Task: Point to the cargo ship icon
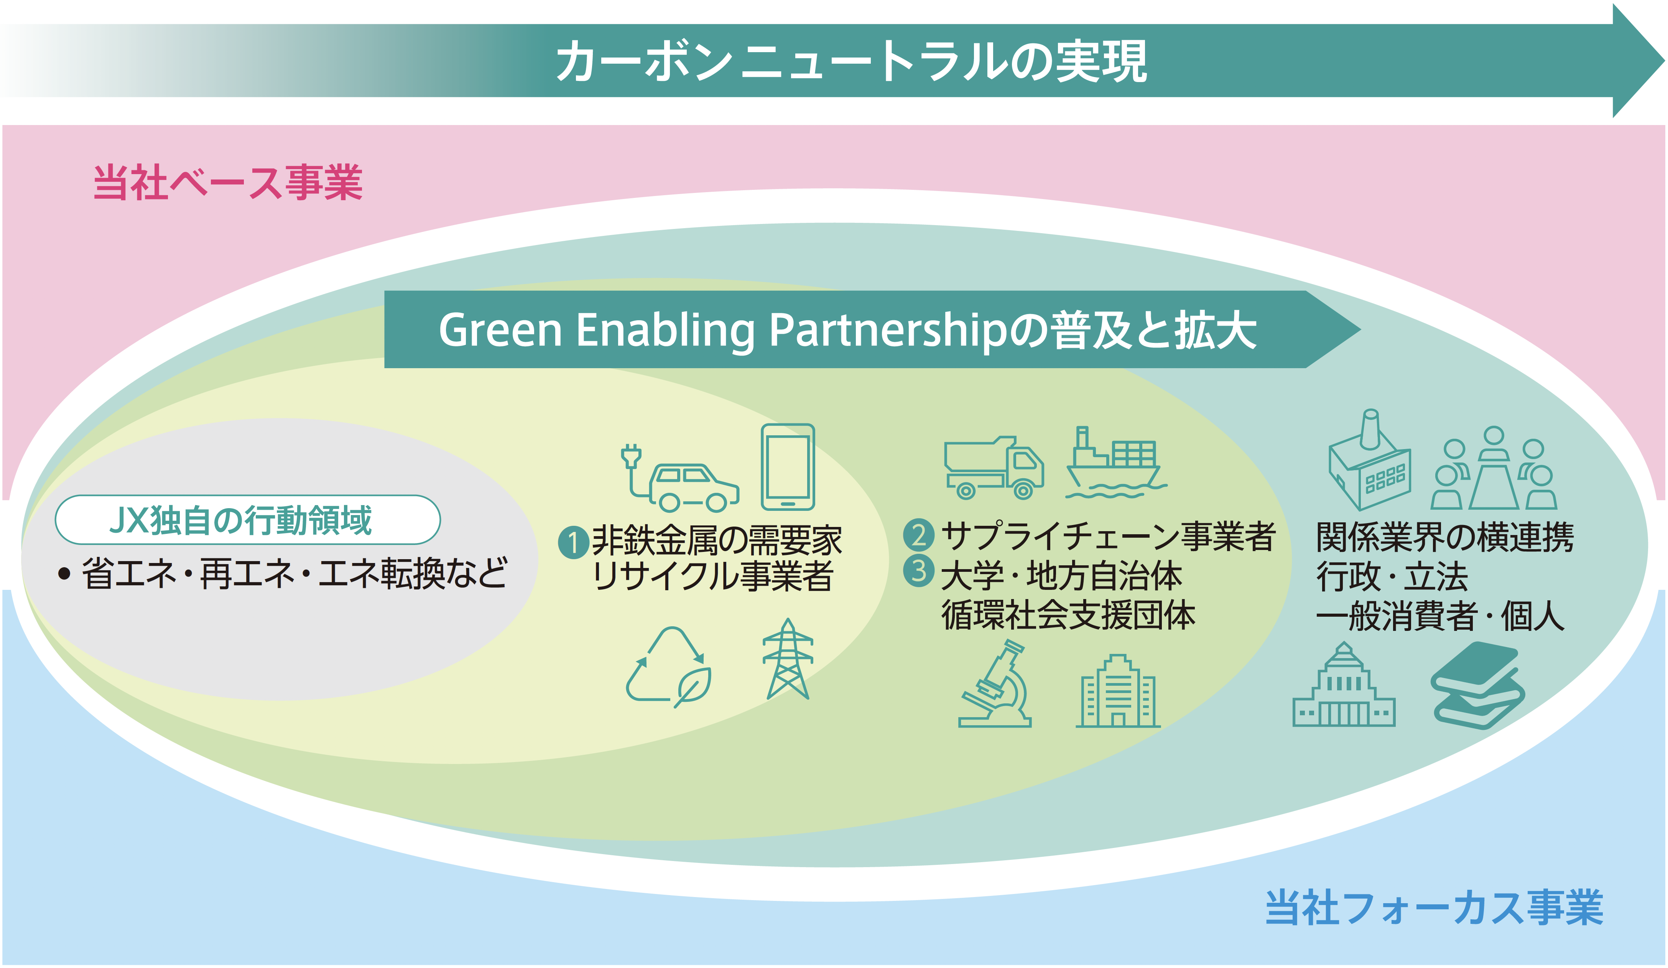tap(1115, 463)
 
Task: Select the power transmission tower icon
tap(788, 659)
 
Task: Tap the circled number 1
tap(573, 543)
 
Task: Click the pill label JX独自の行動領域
tap(248, 520)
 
